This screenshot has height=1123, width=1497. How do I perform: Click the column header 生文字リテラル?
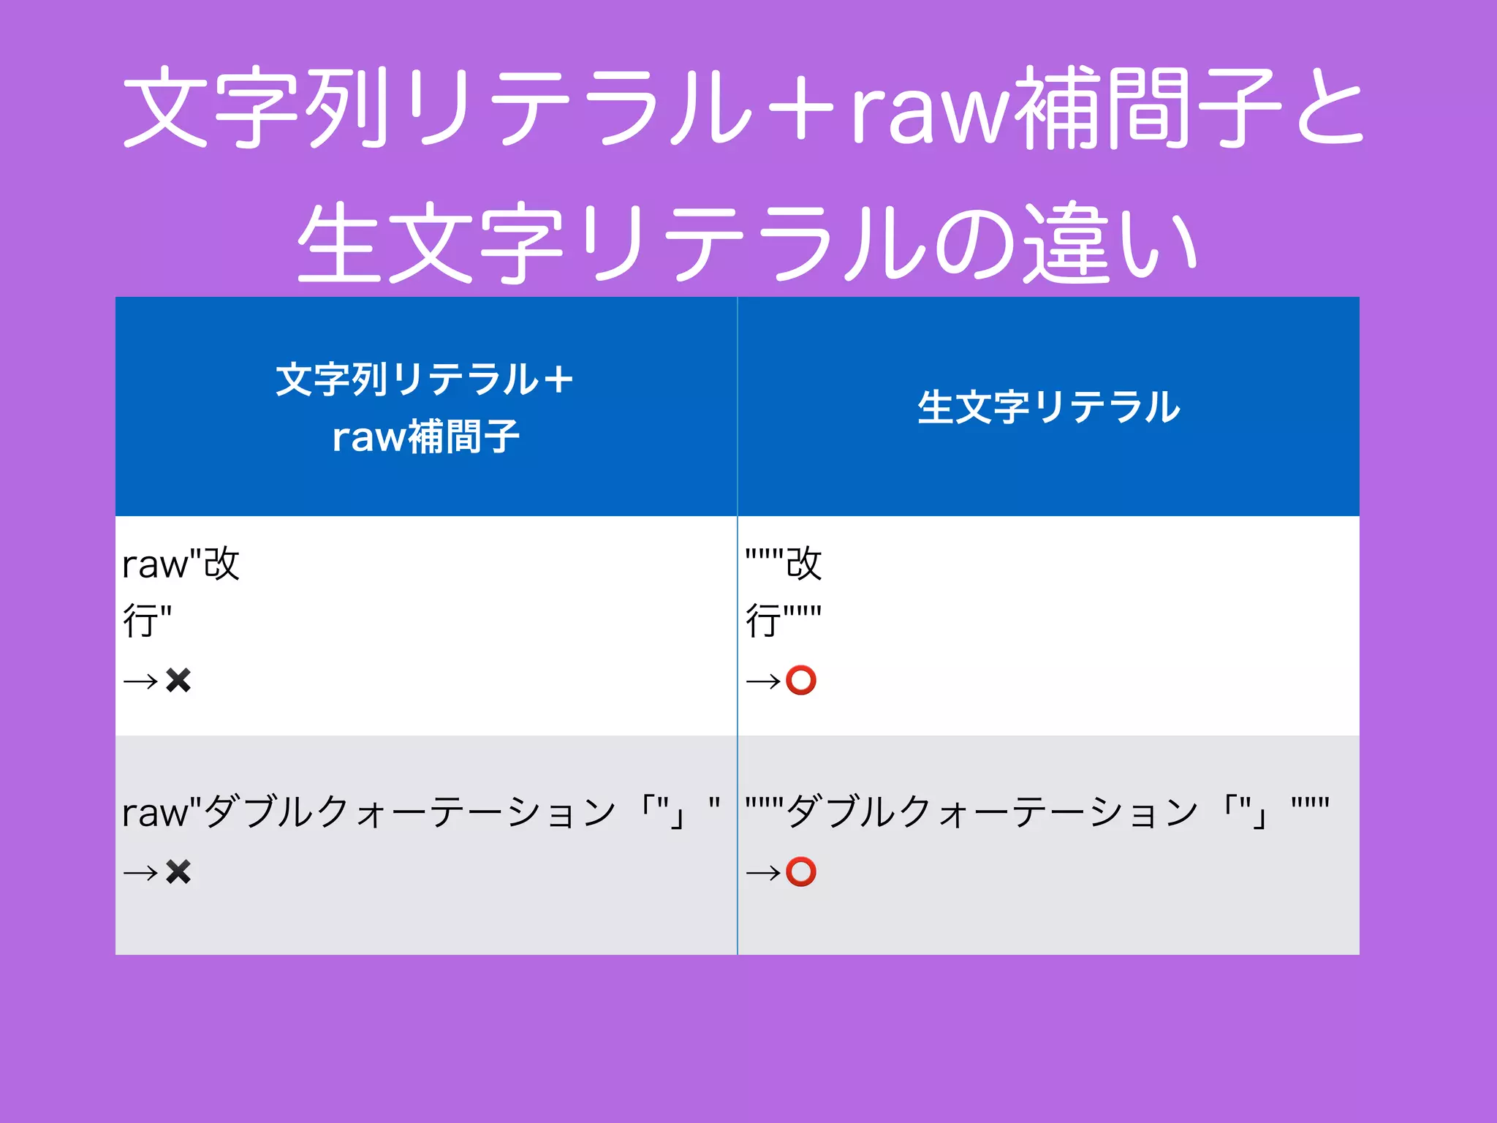1048,407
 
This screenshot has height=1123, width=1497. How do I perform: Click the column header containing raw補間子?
425,407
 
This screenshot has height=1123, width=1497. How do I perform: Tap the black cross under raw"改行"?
178,681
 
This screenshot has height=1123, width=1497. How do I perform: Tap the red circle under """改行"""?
801,681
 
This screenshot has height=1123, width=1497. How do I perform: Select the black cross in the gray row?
178,871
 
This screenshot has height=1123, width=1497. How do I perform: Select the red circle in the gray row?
801,871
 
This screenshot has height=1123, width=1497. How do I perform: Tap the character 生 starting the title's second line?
340,245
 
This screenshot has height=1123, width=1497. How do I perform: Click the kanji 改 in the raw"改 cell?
221,564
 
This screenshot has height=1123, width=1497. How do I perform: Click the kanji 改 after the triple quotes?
804,564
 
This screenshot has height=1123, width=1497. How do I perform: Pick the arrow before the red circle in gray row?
763,872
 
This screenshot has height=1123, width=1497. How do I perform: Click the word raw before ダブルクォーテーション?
154,813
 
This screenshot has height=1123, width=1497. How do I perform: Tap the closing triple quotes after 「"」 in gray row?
1310,805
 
